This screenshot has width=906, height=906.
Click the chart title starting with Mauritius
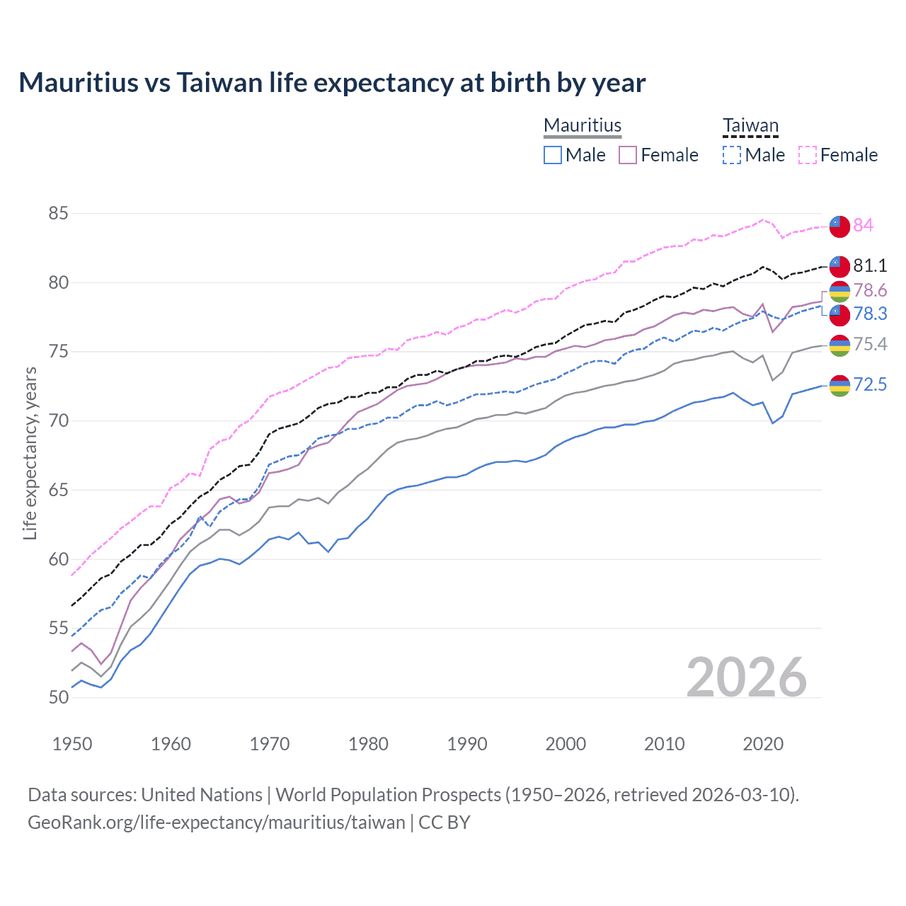332,83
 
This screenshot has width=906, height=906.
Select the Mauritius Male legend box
553,155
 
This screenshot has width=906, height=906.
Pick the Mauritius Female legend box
628,155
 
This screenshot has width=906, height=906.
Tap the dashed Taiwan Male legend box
732,155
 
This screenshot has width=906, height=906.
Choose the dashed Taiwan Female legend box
807,155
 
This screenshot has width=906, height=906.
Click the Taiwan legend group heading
750,126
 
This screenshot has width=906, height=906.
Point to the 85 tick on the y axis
59,213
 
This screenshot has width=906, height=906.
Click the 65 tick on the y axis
59,490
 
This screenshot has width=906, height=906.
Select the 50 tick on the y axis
59,697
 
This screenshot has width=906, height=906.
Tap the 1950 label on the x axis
72,744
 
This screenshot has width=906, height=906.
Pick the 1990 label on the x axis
467,744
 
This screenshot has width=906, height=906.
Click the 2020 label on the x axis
763,744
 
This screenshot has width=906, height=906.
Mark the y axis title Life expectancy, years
30,453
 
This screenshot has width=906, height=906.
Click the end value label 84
863,225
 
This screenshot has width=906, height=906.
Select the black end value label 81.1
870,265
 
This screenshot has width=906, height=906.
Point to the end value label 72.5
870,384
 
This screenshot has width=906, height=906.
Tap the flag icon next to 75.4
839,345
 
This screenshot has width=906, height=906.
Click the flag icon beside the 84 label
839,226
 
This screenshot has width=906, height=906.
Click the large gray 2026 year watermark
746,677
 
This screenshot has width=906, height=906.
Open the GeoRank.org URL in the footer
216,822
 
